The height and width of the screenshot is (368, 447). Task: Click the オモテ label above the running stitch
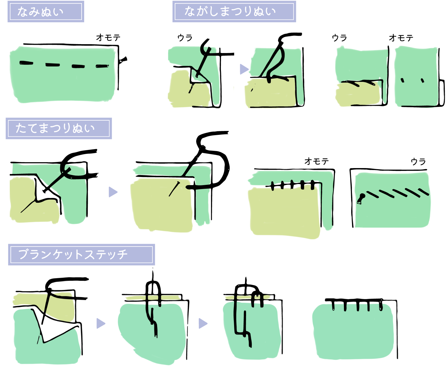point(108,38)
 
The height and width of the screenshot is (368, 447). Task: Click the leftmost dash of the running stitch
point(26,63)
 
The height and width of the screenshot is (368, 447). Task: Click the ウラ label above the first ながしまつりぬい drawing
point(185,38)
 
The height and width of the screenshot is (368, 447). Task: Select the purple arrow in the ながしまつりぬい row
point(244,69)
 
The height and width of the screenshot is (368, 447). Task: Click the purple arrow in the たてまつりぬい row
point(113,192)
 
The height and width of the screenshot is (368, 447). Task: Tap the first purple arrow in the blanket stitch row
point(100,323)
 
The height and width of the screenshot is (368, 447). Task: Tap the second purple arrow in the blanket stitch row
point(203,323)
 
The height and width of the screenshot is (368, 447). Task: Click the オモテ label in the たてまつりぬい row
point(317,161)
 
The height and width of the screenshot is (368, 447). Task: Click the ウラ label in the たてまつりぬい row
point(418,161)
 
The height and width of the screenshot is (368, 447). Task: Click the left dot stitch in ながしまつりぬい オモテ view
point(402,80)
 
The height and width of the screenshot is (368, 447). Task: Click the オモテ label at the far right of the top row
point(401,38)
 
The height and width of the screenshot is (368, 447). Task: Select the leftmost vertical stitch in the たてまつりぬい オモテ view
point(273,186)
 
